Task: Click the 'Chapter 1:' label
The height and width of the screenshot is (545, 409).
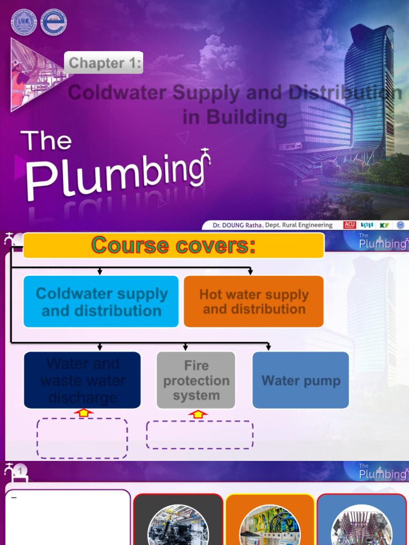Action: (104, 63)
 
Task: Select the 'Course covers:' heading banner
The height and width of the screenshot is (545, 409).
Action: (174, 245)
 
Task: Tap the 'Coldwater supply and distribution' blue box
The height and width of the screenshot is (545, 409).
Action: (101, 302)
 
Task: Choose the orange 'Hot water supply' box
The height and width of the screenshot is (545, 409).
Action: (253, 302)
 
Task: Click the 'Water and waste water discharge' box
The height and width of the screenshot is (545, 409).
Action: (83, 380)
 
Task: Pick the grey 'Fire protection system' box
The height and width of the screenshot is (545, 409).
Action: (196, 380)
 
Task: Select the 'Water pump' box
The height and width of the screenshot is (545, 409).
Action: (300, 380)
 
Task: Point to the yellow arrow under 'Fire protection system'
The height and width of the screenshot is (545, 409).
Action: (198, 414)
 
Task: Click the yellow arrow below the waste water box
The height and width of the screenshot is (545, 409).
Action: (84, 412)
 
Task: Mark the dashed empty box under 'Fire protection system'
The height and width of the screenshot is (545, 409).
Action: (200, 434)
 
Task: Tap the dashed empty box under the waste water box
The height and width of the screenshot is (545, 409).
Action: (82, 438)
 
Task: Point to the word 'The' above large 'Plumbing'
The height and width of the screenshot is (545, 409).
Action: (46, 141)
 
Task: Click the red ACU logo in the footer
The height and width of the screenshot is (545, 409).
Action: (350, 225)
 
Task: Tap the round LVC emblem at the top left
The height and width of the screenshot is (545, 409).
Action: (24, 23)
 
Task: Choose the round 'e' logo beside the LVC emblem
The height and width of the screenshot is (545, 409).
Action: (54, 23)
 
